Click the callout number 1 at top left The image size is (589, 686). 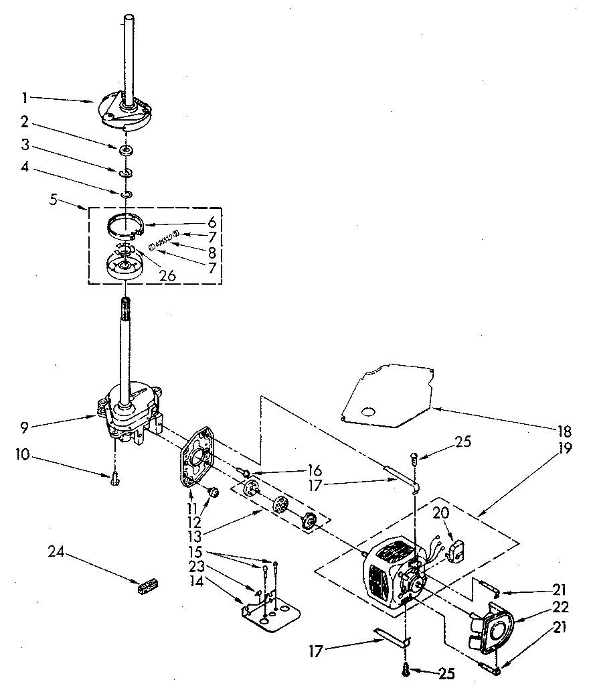coord(25,98)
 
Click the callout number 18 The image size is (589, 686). coord(566,430)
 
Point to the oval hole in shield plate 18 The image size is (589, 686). coord(366,411)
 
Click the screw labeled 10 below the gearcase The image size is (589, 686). coord(115,477)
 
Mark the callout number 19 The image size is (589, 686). coord(566,448)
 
